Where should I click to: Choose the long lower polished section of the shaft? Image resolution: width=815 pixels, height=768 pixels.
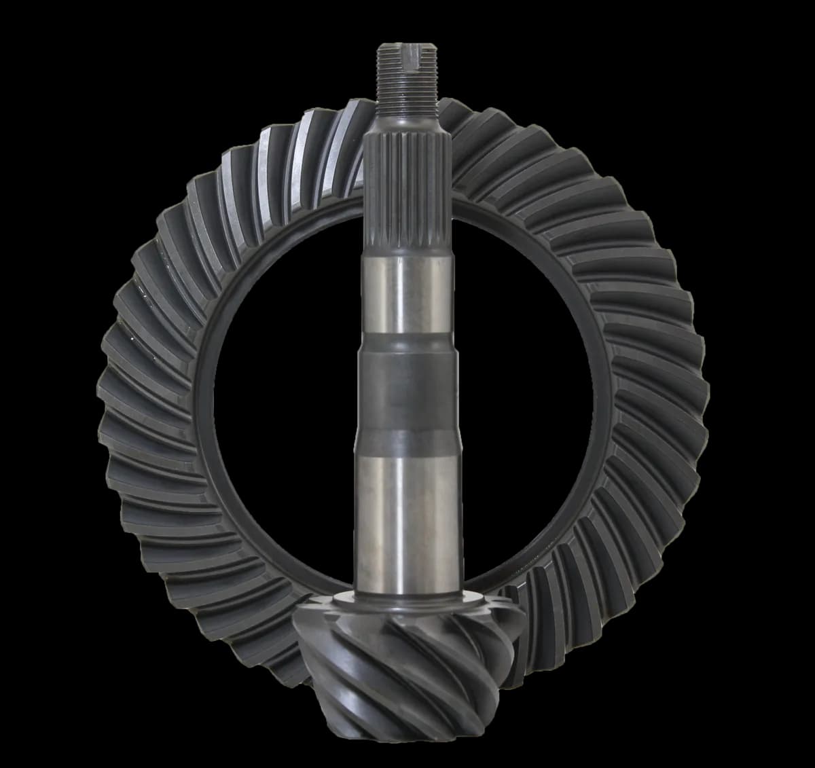click(405, 516)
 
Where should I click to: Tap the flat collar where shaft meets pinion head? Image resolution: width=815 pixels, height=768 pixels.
click(407, 601)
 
